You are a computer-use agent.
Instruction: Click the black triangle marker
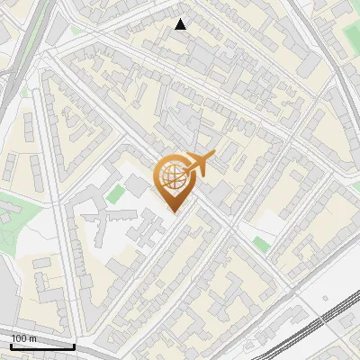[x=181, y=24]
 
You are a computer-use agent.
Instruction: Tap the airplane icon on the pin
[x=201, y=164]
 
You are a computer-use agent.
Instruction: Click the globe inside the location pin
[x=172, y=177]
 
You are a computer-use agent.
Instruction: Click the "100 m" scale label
[x=24, y=338]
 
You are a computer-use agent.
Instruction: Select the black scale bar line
[x=42, y=346]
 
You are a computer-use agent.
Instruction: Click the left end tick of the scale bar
[x=11, y=345]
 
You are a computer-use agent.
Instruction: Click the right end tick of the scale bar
[x=74, y=345]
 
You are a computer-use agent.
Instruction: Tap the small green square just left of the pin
[x=114, y=193]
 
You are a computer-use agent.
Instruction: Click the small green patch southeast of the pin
[x=261, y=243]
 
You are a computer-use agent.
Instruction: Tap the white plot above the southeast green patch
[x=270, y=220]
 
